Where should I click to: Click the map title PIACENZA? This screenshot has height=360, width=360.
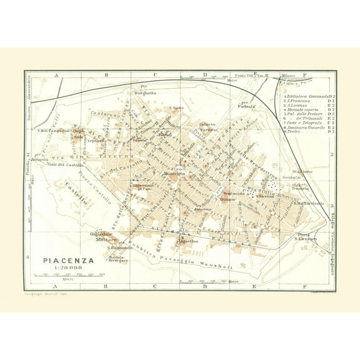pos(69,260)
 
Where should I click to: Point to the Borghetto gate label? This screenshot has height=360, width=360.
pos(145,93)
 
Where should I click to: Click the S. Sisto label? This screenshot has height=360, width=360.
pos(178,109)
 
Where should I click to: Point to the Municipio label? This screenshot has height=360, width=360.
pos(174,173)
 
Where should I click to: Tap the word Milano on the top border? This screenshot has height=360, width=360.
pos(288,76)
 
